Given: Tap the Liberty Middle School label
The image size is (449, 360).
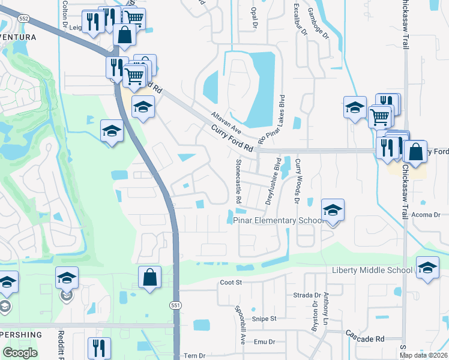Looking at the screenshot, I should (x=372, y=271).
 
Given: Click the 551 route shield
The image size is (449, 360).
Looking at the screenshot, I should (x=175, y=305).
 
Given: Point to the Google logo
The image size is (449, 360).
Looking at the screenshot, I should (x=20, y=353).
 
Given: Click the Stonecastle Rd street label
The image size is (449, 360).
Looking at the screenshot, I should (x=238, y=181).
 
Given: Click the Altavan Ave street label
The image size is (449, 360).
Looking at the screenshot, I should (x=226, y=122).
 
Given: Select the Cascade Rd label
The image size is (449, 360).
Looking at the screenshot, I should (x=364, y=338).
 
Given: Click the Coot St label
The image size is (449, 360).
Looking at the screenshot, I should (x=230, y=282).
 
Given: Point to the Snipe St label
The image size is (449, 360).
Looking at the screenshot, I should (x=264, y=319).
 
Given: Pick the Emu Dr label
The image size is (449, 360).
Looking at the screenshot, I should (x=264, y=342).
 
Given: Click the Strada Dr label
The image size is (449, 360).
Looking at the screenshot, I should (x=307, y=295).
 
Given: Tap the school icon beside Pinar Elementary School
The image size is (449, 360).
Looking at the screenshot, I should (x=333, y=211).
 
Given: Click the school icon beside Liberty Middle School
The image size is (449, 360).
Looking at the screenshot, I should (x=427, y=268).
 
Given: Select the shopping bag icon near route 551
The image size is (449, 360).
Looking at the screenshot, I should (x=149, y=278).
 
